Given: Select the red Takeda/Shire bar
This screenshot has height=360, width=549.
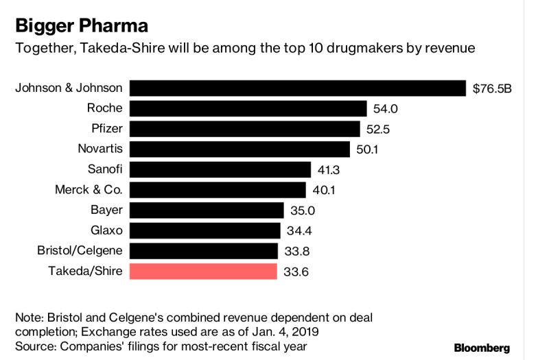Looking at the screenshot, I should coord(203,271).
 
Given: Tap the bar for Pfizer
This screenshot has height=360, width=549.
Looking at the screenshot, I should coord(245,129).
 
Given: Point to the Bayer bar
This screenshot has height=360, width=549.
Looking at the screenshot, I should coord(207,210).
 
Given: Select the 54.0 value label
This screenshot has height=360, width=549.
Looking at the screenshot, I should coord(382,108).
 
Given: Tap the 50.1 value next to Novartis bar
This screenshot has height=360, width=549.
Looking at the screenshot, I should coord(364,149).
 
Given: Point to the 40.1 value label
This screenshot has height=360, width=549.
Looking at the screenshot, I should coord(321,190).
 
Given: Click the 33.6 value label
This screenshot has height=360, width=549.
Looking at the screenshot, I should coord(292,272).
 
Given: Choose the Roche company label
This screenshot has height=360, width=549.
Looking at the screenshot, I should coord(104,108).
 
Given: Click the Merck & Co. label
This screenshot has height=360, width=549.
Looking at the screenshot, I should coord(89,189).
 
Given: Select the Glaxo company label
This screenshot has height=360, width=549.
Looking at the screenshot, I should coord(106,230).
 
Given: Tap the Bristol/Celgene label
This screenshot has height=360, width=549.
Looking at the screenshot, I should coord(80,250).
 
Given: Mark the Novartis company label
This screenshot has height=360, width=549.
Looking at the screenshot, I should coord(100,149).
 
